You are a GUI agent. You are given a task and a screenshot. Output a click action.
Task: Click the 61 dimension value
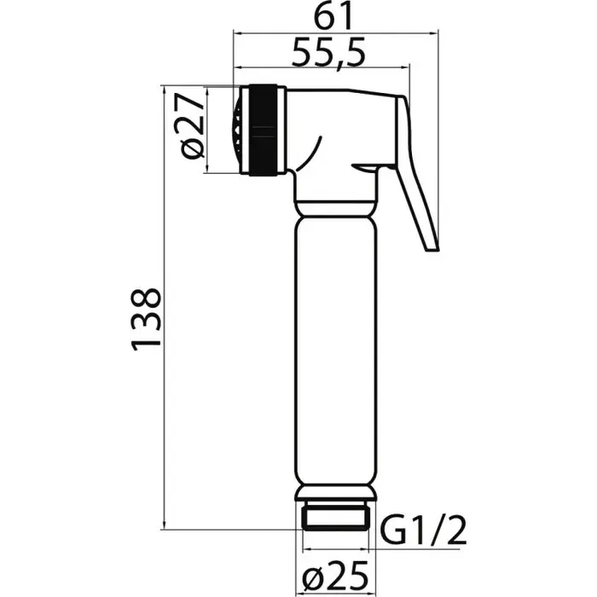click(333, 17)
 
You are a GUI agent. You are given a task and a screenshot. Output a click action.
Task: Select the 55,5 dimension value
click(328, 52)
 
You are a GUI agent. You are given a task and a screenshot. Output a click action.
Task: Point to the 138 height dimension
click(146, 319)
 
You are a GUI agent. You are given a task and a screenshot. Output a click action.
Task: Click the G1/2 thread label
click(423, 531)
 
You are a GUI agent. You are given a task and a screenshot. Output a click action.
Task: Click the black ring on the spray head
click(263, 130)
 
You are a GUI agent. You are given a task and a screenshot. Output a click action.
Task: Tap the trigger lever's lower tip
click(432, 250)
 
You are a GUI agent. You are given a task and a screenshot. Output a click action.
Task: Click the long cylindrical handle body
click(336, 351)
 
